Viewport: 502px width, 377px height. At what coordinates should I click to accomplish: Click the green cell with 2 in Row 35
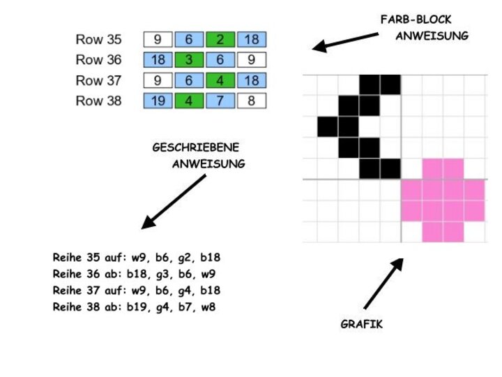(220, 40)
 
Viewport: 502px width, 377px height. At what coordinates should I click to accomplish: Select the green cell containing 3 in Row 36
(189, 60)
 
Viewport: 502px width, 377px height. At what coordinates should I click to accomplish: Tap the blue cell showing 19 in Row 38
(158, 101)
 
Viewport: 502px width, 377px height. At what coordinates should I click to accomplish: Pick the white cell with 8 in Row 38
(251, 101)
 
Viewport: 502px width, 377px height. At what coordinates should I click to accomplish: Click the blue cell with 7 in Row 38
(220, 101)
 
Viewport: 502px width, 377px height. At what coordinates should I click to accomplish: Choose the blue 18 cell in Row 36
(158, 60)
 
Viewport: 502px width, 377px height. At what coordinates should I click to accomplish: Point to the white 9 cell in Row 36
(251, 60)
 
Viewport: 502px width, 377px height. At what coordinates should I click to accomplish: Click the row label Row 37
(98, 80)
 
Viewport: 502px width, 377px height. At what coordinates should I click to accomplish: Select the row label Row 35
(98, 40)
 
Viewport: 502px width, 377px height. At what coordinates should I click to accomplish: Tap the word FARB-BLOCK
(416, 19)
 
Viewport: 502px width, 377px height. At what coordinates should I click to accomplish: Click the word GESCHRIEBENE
(195, 147)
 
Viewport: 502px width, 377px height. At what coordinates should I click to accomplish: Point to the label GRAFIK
(361, 325)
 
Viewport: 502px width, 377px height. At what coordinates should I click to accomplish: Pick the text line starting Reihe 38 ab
(135, 306)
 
